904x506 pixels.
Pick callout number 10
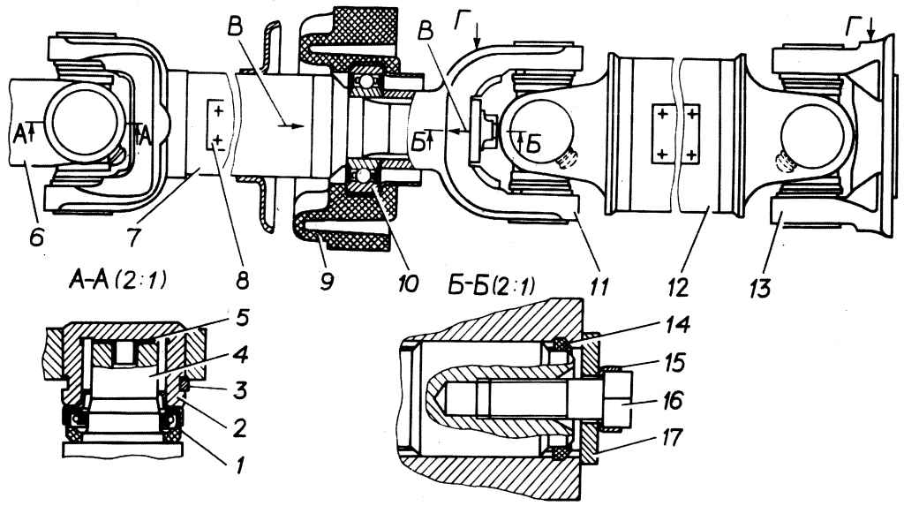[403, 283]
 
